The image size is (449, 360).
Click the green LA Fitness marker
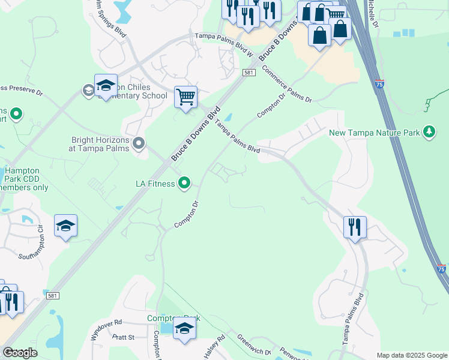pos(185,184)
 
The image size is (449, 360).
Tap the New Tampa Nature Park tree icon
pos(429,131)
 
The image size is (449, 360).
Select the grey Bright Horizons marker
pos(139,143)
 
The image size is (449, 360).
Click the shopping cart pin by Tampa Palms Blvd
pos(185,97)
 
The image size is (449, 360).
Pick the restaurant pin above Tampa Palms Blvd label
pos(354,227)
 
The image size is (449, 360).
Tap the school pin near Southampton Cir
pos(65,226)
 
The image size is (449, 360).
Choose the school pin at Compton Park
pos(184,329)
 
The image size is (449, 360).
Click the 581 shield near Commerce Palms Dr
pos(250,72)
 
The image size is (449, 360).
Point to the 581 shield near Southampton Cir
pos(52,295)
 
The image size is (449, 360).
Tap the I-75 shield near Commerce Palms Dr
pos(379,83)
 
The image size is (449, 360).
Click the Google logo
pos(20,353)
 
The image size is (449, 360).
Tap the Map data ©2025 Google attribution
pos(412,355)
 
